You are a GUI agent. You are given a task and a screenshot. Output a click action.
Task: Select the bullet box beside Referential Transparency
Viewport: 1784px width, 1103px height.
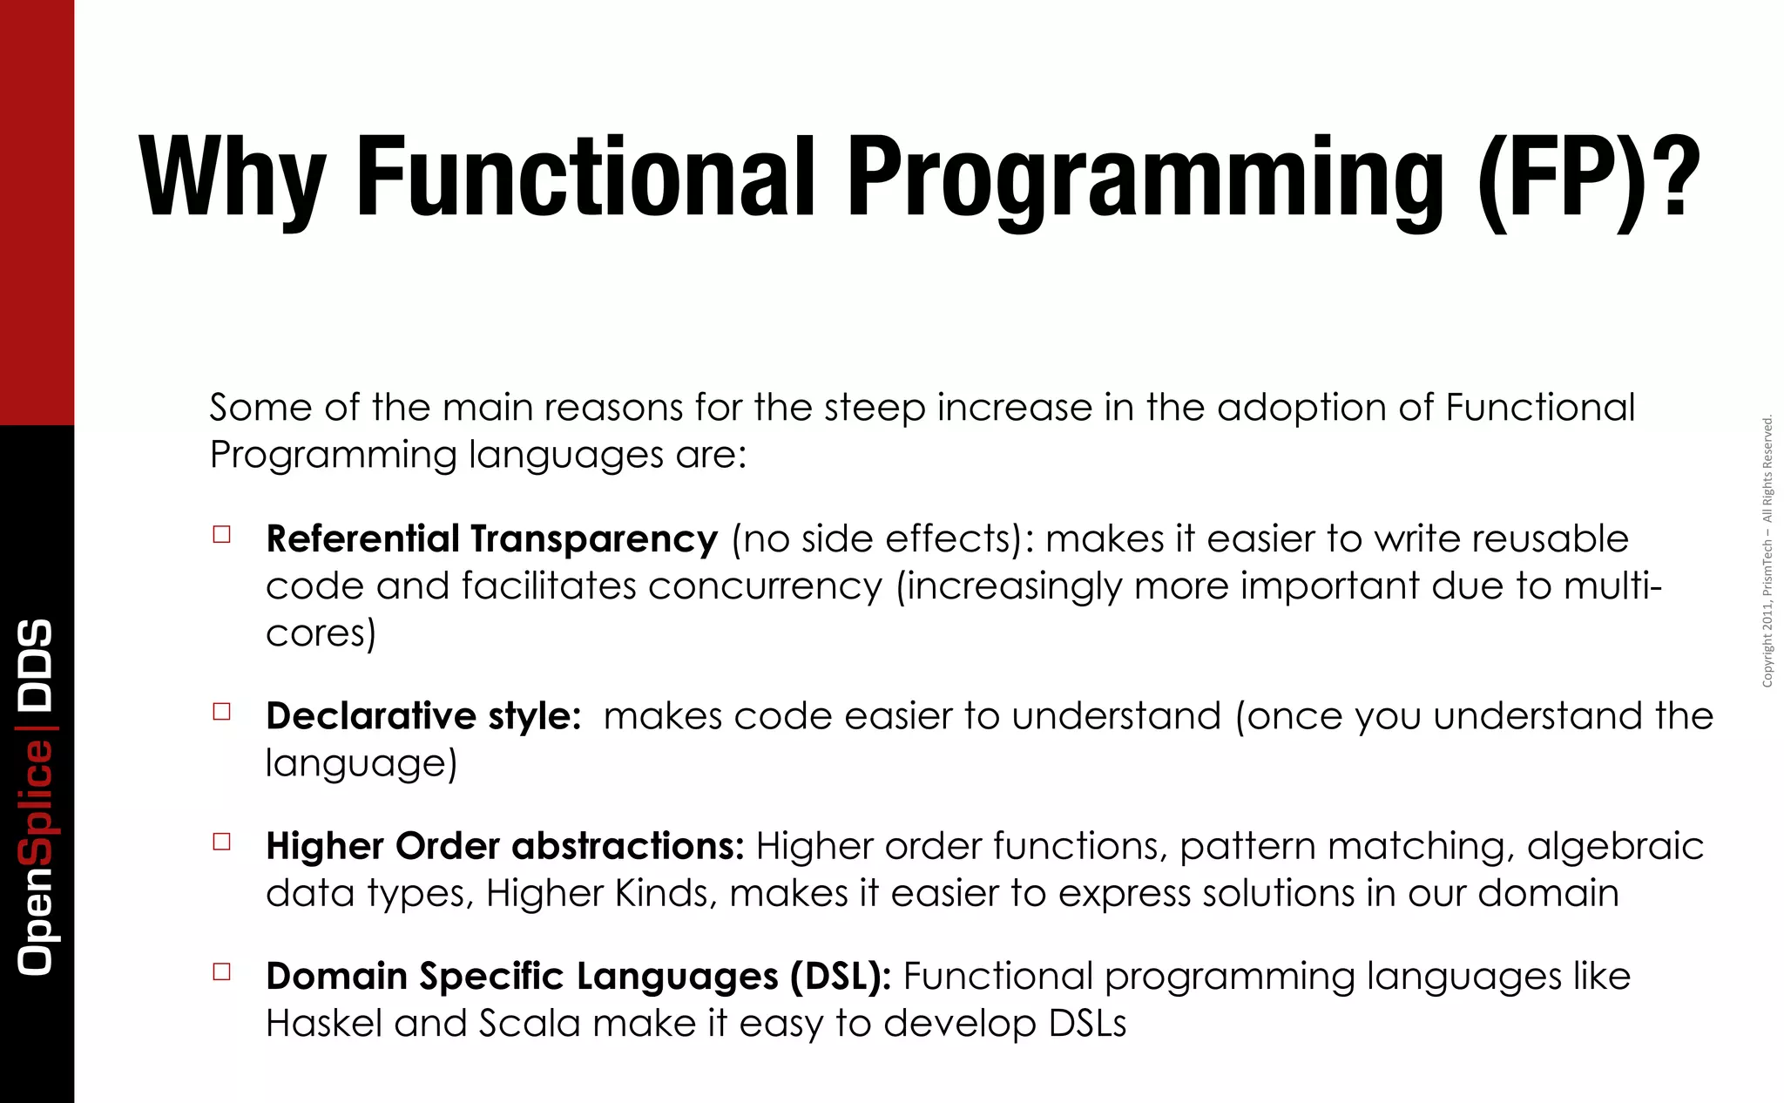[x=222, y=534]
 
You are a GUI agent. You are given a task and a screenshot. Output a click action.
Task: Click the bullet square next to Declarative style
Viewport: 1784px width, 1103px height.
[x=222, y=711]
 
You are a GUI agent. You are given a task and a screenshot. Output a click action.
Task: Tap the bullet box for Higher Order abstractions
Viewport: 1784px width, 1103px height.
[x=222, y=841]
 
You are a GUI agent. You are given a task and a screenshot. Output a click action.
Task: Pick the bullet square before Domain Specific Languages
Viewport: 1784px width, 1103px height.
[x=222, y=971]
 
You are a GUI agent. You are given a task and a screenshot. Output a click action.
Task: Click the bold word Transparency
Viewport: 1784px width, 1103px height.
[x=594, y=539]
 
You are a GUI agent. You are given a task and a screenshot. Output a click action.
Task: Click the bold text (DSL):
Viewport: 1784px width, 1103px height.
[x=841, y=977]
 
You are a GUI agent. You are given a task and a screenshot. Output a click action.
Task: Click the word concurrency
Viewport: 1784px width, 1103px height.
[x=765, y=586]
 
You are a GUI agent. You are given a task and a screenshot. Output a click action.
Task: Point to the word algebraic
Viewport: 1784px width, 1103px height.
[x=1615, y=846]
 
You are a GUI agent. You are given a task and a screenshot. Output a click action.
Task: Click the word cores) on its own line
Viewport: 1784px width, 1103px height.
[x=321, y=633]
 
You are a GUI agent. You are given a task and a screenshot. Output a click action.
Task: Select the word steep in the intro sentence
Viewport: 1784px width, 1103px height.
[x=875, y=408]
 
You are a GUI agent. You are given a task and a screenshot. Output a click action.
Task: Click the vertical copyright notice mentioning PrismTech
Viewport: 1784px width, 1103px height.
[x=1767, y=551]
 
